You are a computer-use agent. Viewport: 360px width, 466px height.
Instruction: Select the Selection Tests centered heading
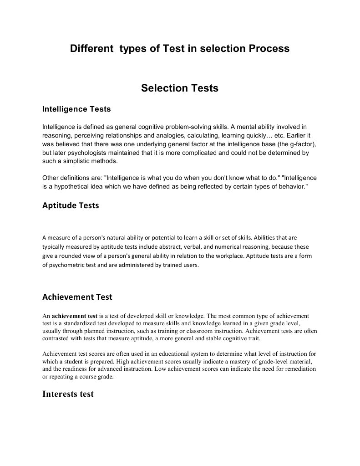coord(180,88)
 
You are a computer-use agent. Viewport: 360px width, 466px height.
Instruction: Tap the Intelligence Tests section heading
coord(76,109)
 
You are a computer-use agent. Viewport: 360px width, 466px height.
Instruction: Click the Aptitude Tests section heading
coord(71,205)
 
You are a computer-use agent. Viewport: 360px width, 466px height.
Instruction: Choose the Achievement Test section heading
coord(77,297)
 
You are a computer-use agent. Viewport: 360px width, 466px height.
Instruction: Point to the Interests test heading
coord(68,394)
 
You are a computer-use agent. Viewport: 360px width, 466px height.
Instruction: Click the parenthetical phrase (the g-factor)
coord(296,144)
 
